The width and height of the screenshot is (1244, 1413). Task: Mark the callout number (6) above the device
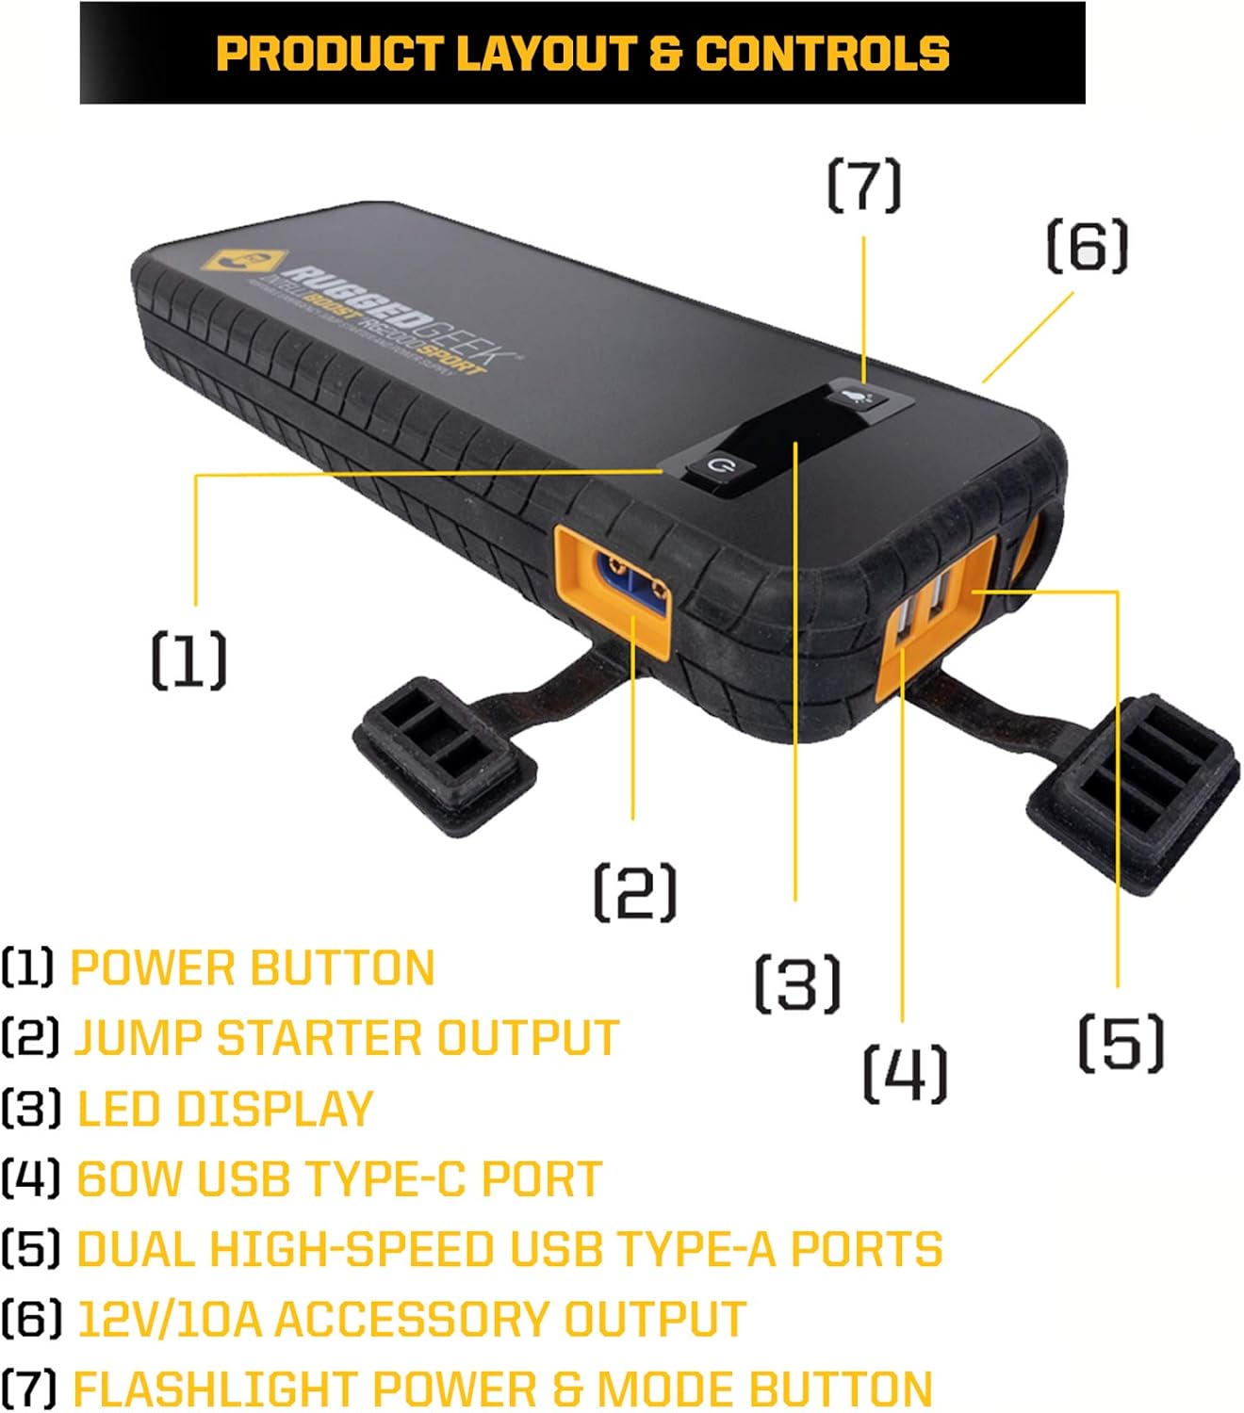(1087, 246)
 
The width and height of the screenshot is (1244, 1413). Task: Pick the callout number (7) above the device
(864, 186)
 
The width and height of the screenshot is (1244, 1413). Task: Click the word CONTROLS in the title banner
(822, 54)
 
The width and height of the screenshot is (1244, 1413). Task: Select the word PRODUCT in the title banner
(329, 54)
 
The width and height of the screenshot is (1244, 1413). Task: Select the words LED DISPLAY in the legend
(224, 1109)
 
